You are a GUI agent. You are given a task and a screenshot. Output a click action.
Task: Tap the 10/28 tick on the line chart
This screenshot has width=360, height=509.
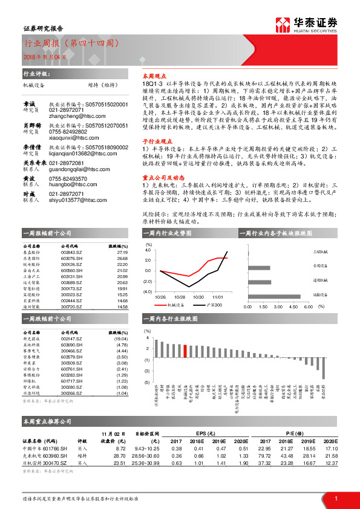180,297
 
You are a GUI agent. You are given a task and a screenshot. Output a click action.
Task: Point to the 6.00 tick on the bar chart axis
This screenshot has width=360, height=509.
308,307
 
